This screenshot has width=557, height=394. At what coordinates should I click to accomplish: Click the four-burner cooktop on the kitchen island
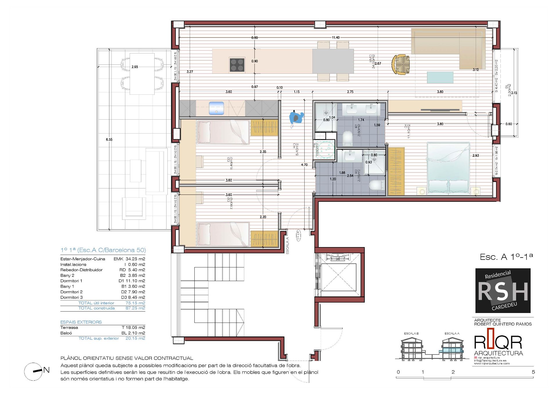click(237, 65)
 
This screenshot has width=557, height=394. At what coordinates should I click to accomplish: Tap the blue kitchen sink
click(216, 108)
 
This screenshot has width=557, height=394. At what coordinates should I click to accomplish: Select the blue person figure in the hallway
click(296, 118)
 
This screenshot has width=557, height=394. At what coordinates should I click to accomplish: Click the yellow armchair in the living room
click(401, 64)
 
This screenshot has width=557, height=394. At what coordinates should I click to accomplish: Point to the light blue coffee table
click(440, 78)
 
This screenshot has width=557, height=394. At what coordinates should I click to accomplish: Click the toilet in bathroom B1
click(347, 138)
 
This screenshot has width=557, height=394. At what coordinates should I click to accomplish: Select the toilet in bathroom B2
click(377, 185)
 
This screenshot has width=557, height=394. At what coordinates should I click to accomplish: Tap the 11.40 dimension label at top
click(335, 38)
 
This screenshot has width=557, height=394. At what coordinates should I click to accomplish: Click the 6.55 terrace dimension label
click(109, 140)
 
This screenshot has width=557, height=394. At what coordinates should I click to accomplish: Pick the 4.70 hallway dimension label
click(304, 165)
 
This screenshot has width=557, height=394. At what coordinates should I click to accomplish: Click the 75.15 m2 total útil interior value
click(135, 303)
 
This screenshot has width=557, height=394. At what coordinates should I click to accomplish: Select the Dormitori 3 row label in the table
click(71, 297)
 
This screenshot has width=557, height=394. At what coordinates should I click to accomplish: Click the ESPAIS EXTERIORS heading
click(81, 322)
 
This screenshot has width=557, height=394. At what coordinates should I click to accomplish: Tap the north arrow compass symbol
click(34, 371)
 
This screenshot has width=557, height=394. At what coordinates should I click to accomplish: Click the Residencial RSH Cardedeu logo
click(503, 290)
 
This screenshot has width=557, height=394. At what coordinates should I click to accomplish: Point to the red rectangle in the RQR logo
click(490, 338)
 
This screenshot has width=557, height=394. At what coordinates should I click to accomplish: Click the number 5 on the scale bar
click(533, 372)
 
